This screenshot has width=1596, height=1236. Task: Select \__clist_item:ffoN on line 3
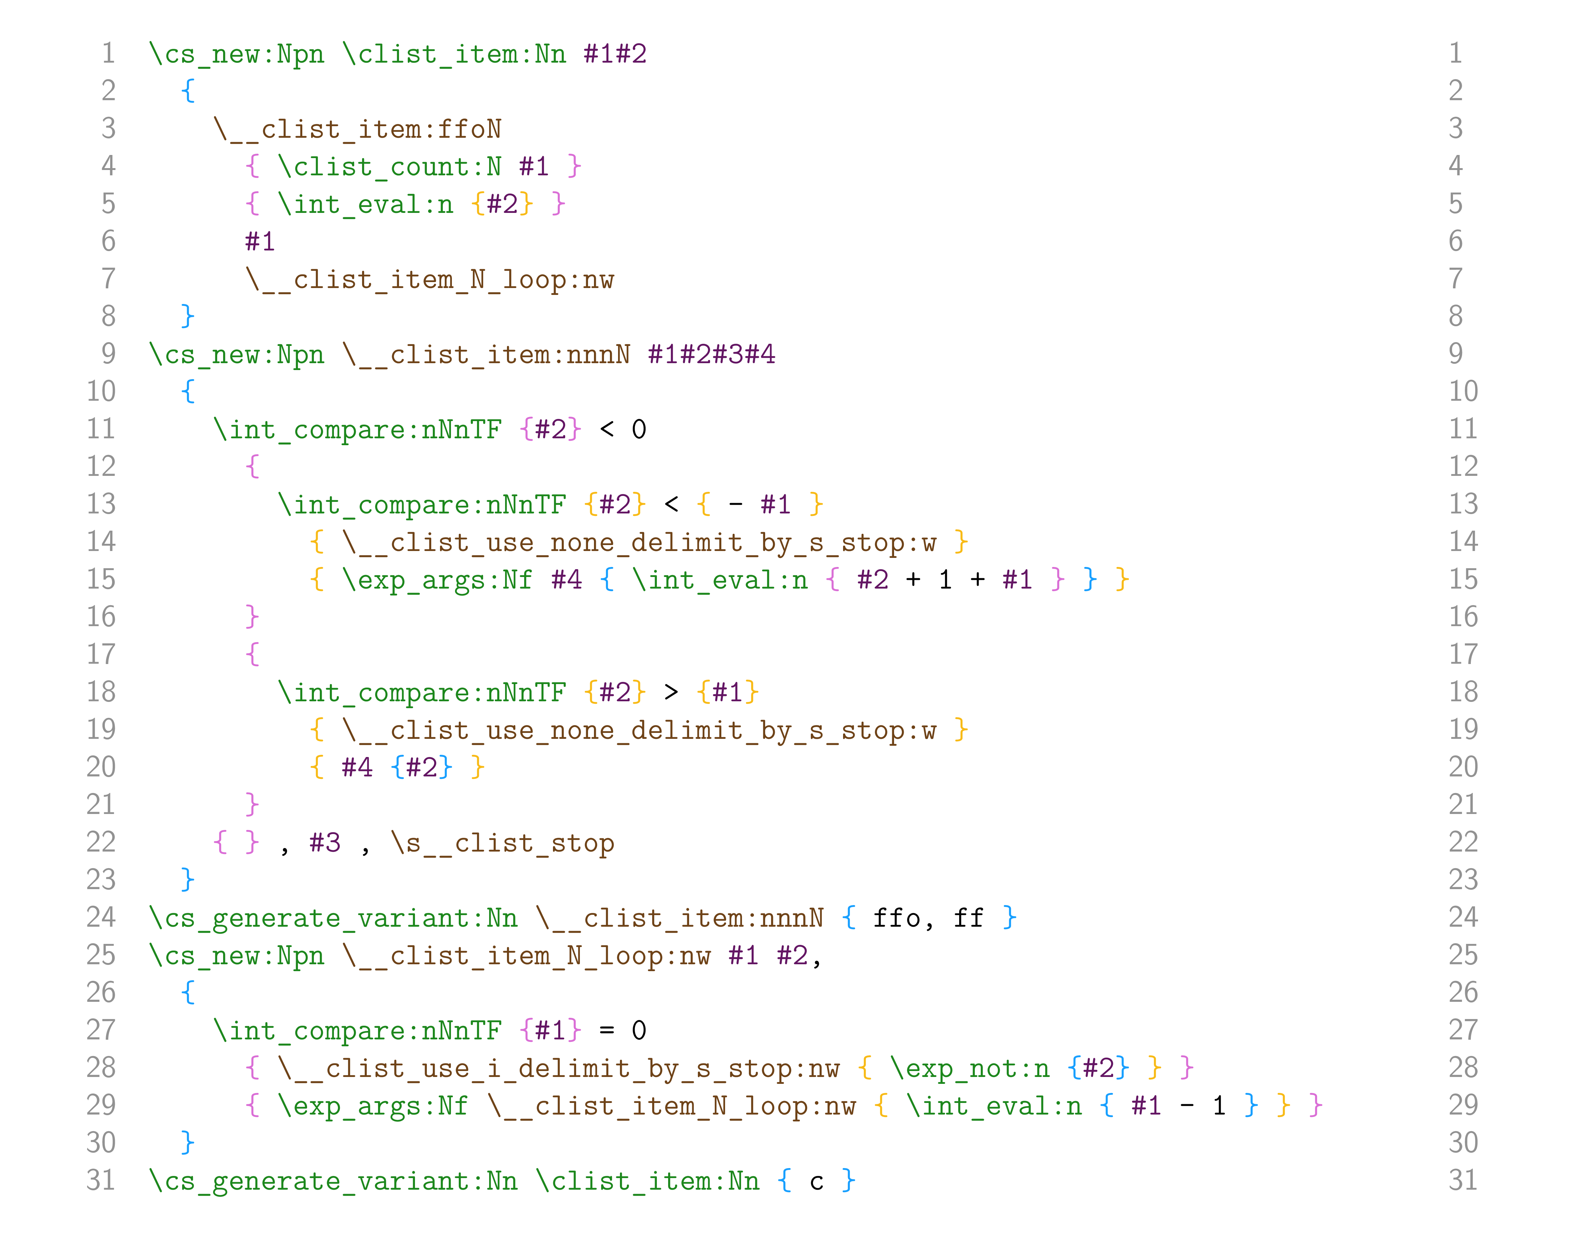pyautogui.click(x=357, y=129)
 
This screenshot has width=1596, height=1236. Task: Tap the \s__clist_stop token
pyautogui.click(x=502, y=843)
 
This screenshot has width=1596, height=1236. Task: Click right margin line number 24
pyautogui.click(x=1463, y=917)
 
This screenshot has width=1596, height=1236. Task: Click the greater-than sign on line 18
pyautogui.click(x=671, y=692)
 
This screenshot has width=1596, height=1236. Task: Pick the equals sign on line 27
pyautogui.click(x=606, y=1031)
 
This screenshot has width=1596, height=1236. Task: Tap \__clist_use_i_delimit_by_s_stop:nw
pyautogui.click(x=558, y=1069)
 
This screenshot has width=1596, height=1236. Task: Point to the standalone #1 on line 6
pyautogui.click(x=260, y=241)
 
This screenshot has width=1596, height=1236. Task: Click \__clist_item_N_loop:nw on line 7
pyautogui.click(x=430, y=280)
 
